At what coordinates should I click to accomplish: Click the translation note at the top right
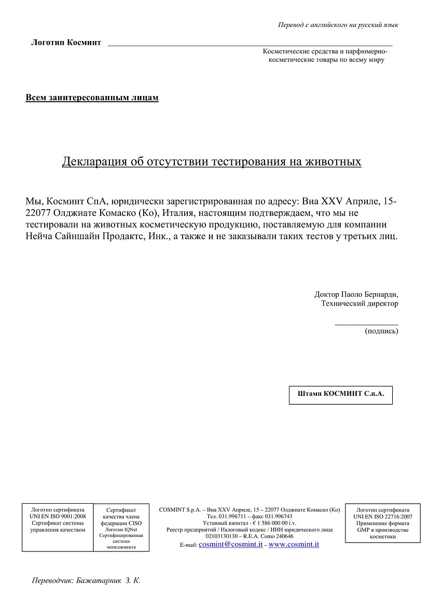pyautogui.click(x=338, y=25)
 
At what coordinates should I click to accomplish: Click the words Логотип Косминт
pyautogui.click(x=66, y=43)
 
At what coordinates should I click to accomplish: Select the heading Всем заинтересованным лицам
pyautogui.click(x=92, y=98)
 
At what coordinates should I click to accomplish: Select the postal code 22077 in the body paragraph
pyautogui.click(x=38, y=213)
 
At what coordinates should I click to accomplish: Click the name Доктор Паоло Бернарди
pyautogui.click(x=356, y=294)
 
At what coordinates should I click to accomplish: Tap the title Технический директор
pyautogui.click(x=359, y=303)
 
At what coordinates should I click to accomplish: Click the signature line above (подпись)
pyautogui.click(x=366, y=324)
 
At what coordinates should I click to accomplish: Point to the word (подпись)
pyautogui.click(x=381, y=331)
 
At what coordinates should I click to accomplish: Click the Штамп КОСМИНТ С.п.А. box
pyautogui.click(x=341, y=394)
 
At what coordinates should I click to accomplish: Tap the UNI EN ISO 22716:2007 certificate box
pyautogui.click(x=382, y=523)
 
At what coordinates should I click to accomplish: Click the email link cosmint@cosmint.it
pyautogui.click(x=230, y=545)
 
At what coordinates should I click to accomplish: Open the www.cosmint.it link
pyautogui.click(x=294, y=545)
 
